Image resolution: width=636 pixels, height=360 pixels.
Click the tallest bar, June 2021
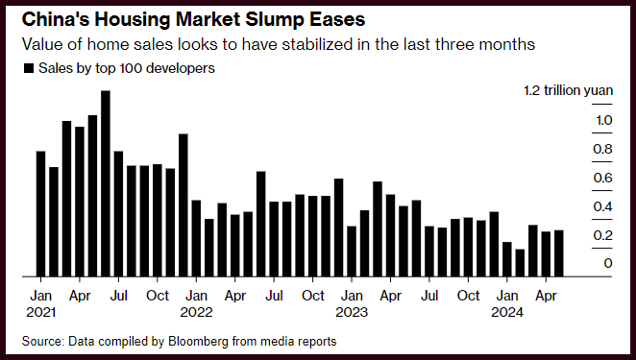click(106, 183)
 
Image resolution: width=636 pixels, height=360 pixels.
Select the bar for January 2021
click(40, 214)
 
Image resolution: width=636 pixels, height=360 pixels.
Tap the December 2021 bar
click(183, 205)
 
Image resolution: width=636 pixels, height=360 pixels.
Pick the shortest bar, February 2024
click(520, 263)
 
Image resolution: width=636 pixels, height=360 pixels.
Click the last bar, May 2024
click(559, 253)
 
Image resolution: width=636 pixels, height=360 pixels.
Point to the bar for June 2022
click(261, 224)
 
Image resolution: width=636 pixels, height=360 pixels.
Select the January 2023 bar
click(352, 252)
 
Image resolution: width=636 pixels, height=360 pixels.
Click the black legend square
click(29, 68)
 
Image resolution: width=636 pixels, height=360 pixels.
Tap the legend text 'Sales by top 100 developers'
click(127, 68)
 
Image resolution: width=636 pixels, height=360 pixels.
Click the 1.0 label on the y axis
click(604, 120)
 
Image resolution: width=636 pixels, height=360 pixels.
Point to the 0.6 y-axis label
click(602, 178)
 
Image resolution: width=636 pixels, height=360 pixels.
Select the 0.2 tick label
click(602, 235)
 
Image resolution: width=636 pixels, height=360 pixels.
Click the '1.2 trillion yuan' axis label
click(568, 90)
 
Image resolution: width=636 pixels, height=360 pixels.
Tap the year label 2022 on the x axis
click(196, 312)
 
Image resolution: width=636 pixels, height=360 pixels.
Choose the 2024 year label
click(507, 312)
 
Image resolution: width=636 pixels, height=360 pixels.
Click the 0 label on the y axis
click(607, 263)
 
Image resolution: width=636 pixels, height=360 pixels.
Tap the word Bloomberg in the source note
click(198, 342)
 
